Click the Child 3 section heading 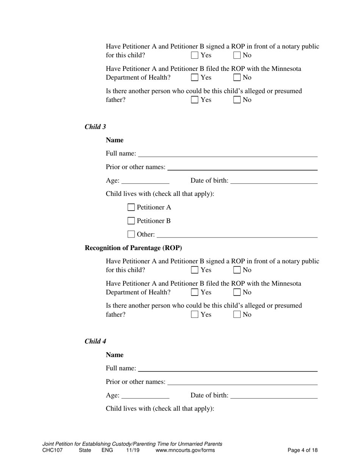[95, 127]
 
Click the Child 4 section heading [95, 341]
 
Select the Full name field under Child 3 [228, 153]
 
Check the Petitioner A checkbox [131, 207]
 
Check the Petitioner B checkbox [131, 220]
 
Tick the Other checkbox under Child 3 [131, 234]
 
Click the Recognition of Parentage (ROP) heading [133, 248]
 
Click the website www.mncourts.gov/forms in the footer [185, 450]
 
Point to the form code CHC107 [53, 450]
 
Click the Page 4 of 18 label [302, 450]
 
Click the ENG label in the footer [107, 450]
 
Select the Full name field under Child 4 [228, 368]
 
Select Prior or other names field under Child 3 [242, 167]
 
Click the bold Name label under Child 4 [115, 355]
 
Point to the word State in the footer [85, 450]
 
